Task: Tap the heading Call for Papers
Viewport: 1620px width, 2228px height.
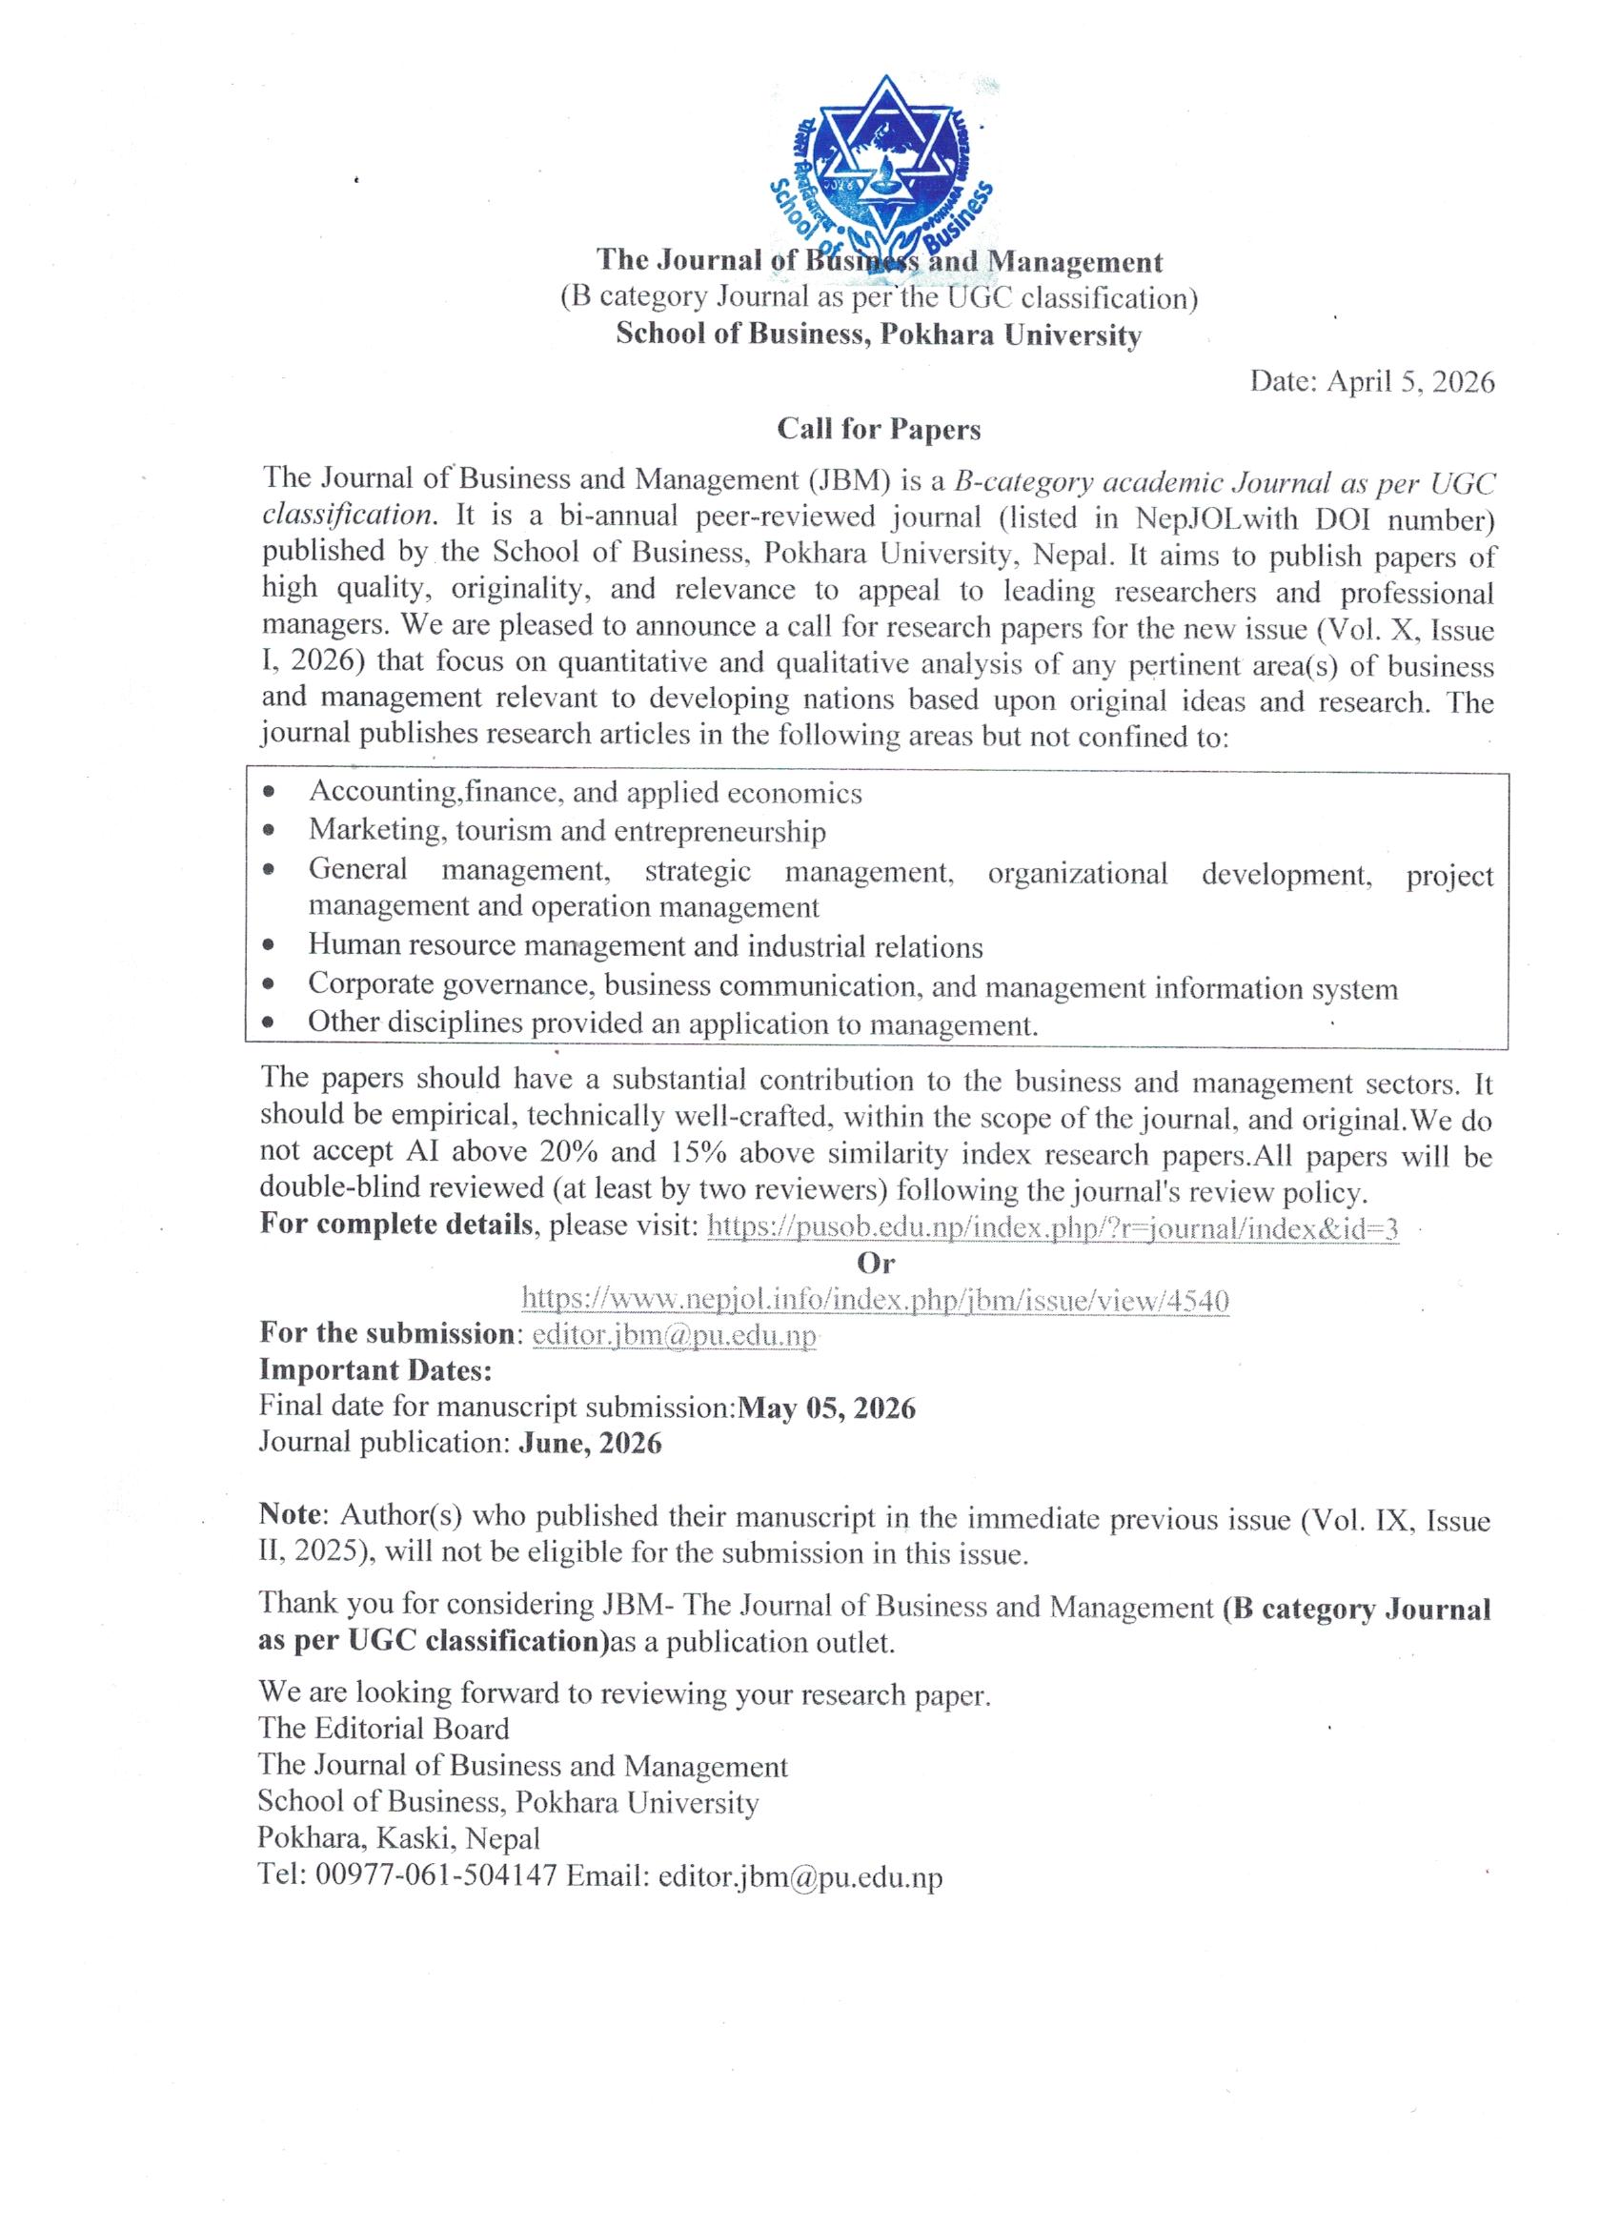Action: [879, 429]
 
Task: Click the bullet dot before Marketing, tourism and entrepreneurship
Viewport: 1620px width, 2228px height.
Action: [271, 830]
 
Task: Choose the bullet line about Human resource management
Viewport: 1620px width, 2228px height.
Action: [644, 946]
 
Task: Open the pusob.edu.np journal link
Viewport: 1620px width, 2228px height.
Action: [1052, 1227]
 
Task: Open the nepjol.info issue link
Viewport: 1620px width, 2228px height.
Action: [875, 1300]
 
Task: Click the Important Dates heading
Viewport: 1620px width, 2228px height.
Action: [375, 1370]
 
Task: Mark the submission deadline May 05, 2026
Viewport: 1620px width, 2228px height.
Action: [826, 1408]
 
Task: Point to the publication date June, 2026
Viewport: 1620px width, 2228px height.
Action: [590, 1443]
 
